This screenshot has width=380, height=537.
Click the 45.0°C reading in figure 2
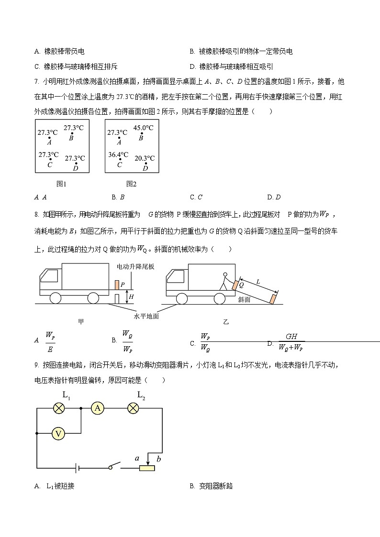pos(143,128)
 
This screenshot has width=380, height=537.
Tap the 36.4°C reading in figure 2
pos(118,154)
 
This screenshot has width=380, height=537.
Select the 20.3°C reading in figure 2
pos(144,158)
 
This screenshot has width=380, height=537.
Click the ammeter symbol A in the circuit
pos(98,407)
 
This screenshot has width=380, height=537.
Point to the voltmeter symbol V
pos(58,434)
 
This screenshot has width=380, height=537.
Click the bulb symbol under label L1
pos(58,407)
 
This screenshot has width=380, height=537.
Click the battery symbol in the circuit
pos(76,467)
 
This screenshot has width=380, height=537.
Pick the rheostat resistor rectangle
pos(147,468)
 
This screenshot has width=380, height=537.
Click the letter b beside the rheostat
pos(158,459)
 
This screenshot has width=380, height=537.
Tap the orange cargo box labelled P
pos(116,285)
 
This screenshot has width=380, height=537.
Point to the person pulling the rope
pos(224,281)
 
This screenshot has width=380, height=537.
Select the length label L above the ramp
pos(258,282)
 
